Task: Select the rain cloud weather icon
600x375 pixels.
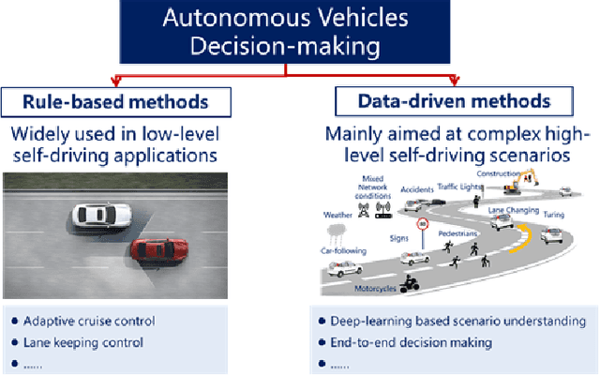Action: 338,229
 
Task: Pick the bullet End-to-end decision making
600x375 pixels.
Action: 410,342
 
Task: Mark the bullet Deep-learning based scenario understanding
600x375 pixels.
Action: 457,321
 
